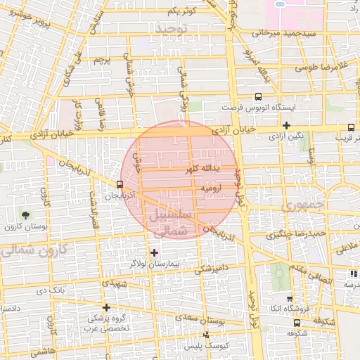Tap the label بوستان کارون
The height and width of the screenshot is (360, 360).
click(26, 227)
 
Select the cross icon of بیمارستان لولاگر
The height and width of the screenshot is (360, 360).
click(154, 252)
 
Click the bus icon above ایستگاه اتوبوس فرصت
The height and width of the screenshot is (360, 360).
click(258, 97)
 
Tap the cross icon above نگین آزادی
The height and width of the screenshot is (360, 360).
click(286, 125)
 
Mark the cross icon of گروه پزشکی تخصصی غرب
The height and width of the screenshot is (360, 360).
click(106, 307)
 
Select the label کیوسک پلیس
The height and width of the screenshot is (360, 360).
click(203, 347)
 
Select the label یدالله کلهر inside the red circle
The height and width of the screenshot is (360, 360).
click(202, 169)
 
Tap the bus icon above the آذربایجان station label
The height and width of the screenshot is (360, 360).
click(119, 184)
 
